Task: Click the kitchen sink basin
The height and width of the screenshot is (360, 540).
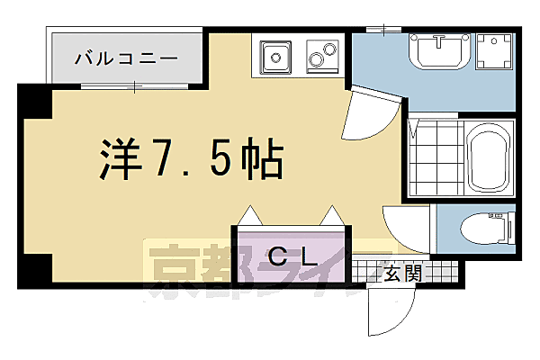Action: (275, 58)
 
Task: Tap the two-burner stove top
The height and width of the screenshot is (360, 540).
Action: (322, 57)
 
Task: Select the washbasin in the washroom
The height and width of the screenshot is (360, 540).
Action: (439, 50)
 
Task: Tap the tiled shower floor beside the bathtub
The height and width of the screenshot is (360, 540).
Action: (436, 159)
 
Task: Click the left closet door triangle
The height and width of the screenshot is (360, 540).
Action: (249, 216)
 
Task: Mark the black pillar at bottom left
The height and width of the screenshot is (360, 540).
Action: (35, 267)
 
